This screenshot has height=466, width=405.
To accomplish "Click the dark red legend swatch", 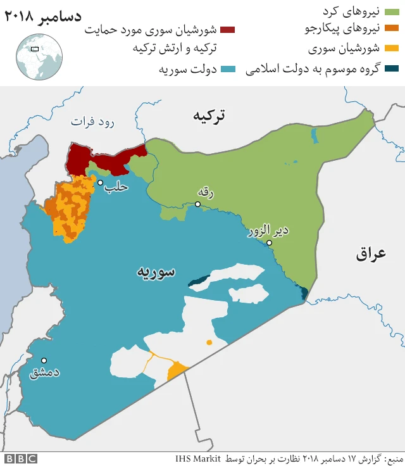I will (227, 29).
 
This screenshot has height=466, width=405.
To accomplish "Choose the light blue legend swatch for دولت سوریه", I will (227, 68).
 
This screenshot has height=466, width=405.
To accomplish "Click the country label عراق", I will (371, 254).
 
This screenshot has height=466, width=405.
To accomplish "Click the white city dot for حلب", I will (100, 182).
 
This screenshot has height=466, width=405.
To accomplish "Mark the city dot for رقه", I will (198, 204).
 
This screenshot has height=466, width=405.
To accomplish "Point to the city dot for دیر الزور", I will (269, 242).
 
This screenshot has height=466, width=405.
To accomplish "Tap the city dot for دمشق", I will (44, 360).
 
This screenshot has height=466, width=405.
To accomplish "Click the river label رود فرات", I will (92, 122).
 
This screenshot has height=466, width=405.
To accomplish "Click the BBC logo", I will (21, 458).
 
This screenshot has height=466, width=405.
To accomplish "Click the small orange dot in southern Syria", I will (209, 343).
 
